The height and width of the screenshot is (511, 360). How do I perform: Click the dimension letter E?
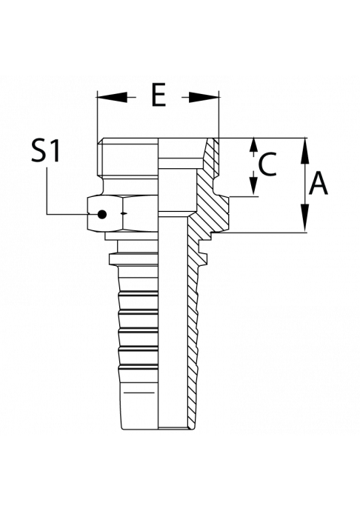[x=159, y=95]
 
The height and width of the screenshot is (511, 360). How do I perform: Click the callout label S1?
[x=46, y=150]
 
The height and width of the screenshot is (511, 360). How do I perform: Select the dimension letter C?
[x=267, y=164]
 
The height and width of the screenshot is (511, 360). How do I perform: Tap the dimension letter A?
[x=319, y=184]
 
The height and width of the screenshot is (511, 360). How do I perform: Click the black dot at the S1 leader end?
[x=102, y=214]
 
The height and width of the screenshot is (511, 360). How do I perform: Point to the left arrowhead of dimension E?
[x=112, y=97]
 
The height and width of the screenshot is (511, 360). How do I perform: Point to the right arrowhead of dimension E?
[x=204, y=97]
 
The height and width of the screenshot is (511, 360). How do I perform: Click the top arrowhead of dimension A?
[x=305, y=153]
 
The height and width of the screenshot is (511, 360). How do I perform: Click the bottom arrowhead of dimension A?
[x=305, y=218]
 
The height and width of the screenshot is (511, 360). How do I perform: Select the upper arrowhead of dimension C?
[x=253, y=145]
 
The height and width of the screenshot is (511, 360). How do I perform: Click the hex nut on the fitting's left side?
[x=123, y=214]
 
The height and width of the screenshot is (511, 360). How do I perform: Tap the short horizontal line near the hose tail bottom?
[x=139, y=393]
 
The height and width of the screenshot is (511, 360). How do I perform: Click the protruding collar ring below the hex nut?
[x=133, y=259]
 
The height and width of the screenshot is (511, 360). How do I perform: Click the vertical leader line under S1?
[x=47, y=190]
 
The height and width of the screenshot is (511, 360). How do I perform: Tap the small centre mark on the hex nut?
[x=123, y=213]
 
